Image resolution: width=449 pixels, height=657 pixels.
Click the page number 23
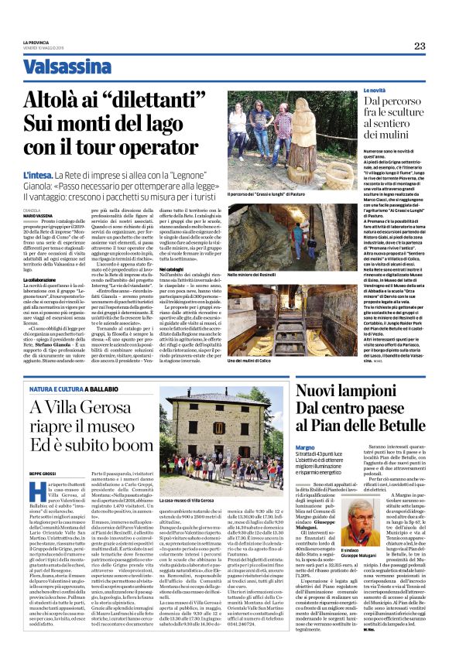pos(419,46)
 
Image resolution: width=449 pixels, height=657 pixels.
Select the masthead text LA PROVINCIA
pos(36,41)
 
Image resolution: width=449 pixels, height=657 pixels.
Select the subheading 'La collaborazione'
pos(39,279)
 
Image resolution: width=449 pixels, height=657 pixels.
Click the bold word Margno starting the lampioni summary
pos(305,447)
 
